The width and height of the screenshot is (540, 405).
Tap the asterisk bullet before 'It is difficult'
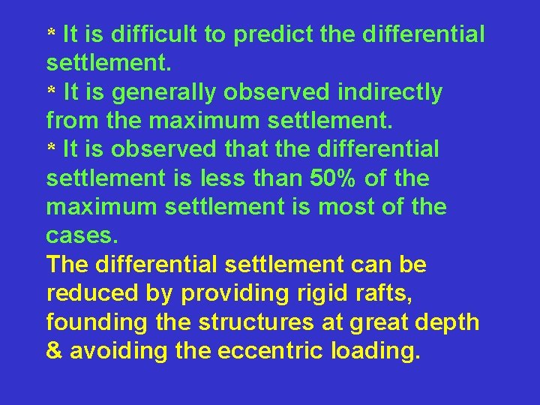click(x=52, y=34)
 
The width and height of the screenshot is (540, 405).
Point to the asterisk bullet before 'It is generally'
click(x=52, y=91)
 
